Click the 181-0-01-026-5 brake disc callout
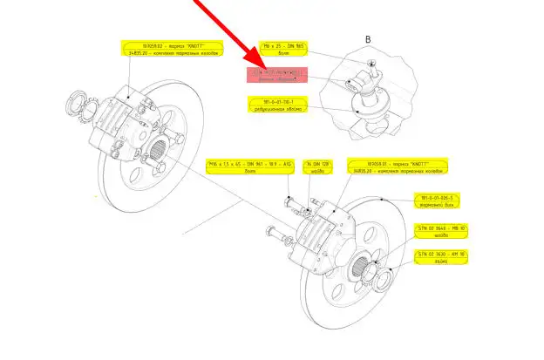[x=439, y=202]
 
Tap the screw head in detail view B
[x=372, y=62]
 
